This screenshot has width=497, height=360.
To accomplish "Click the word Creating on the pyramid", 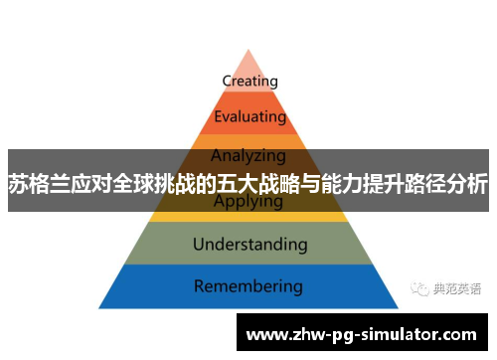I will [249, 81].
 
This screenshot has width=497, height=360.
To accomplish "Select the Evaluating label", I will [249, 116].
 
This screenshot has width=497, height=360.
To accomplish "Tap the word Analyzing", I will [248, 155].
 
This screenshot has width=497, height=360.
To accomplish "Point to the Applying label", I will [248, 202].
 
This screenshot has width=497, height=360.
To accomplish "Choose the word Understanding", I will [249, 244].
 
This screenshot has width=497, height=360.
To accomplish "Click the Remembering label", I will [248, 286].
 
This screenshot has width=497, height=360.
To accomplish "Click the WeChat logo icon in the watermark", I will [418, 288].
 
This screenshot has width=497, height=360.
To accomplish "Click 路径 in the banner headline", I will [426, 183].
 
